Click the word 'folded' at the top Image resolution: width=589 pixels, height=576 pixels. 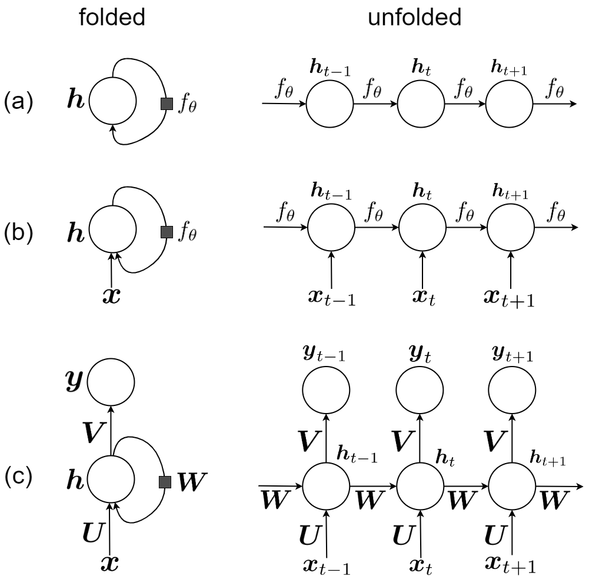coord(112,18)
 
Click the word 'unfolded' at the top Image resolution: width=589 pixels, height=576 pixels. coord(414,18)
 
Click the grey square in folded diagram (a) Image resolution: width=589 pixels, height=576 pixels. coord(166,105)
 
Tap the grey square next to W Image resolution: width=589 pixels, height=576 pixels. coord(165,482)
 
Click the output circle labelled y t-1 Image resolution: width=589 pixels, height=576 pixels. coord(326,389)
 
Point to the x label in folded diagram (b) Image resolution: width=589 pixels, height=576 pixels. coord(111,294)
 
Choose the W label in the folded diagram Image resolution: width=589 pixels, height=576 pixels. coord(194,483)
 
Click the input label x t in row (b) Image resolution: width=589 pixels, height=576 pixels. coord(422,296)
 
